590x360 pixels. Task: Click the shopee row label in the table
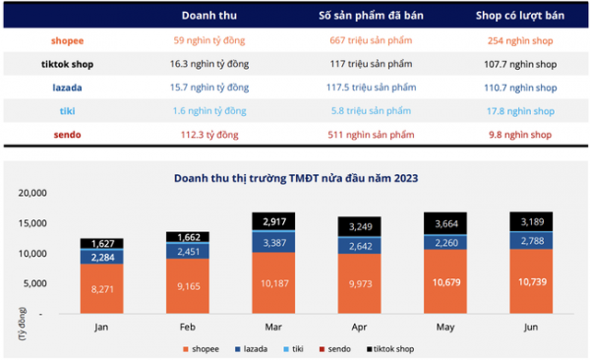click(67, 41)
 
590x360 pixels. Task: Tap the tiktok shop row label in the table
click(67, 64)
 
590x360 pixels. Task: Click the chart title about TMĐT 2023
click(295, 178)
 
